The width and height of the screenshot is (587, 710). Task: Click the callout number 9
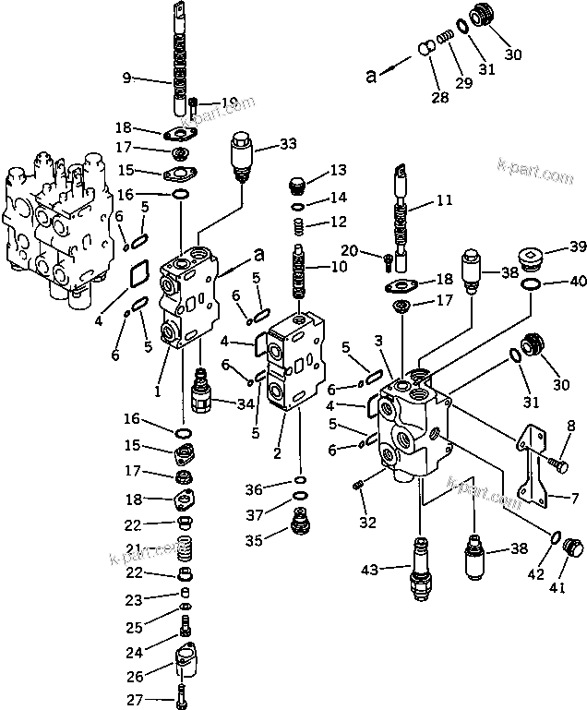pos(126,78)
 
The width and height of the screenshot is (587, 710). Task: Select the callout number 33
pos(288,144)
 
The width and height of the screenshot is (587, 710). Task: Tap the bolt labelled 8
pos(556,466)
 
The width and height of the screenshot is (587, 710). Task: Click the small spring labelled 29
pos(446,36)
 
